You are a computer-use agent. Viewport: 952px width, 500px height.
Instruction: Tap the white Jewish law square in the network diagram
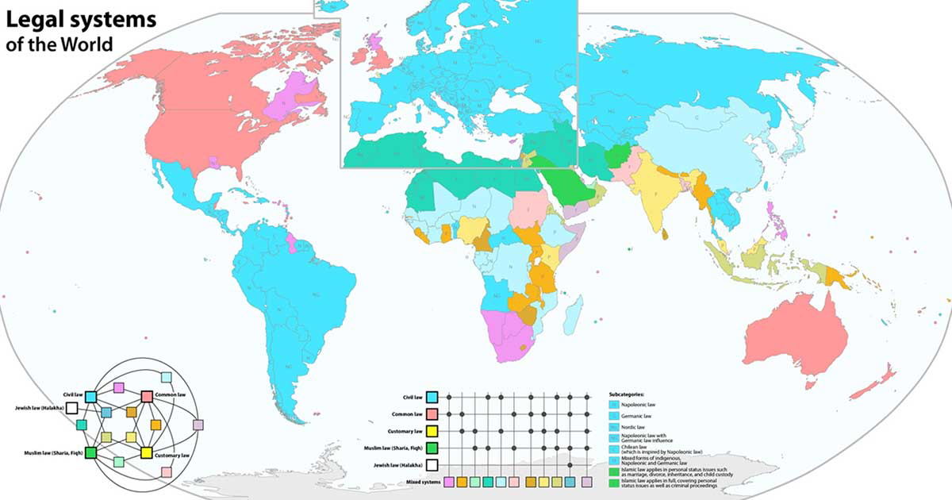[x=71, y=408]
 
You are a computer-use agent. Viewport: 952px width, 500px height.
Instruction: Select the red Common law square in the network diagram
[x=147, y=395]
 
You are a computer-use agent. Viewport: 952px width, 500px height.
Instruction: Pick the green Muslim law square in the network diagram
[x=91, y=453]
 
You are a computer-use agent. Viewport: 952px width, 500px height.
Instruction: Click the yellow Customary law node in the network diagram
[x=147, y=453]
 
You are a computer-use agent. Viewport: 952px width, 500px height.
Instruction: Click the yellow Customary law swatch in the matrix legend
[x=432, y=431]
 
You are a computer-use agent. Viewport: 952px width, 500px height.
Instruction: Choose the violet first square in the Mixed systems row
[x=450, y=482]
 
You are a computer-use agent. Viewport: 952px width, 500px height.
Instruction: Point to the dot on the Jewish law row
[x=571, y=465]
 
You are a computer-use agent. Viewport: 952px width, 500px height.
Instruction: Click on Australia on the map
[x=793, y=333]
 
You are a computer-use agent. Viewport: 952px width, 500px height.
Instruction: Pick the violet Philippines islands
[x=774, y=219]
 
